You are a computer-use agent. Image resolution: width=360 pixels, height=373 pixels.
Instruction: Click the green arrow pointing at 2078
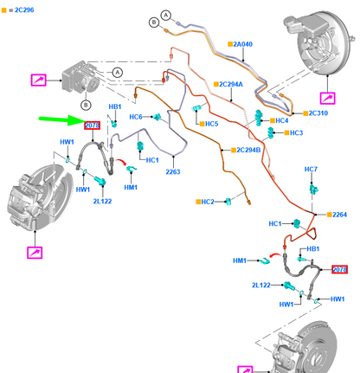point(61,119)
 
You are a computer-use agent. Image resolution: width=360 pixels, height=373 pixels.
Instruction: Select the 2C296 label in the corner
point(24,10)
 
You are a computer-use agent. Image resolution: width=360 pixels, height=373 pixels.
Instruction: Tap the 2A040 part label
point(242,44)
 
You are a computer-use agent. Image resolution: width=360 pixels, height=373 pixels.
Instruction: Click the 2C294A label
point(231,84)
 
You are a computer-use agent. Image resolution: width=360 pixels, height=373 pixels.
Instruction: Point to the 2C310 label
point(318,113)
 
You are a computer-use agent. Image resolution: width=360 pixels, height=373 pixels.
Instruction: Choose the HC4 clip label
point(282,120)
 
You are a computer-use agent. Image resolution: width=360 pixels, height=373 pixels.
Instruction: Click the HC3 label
point(296,132)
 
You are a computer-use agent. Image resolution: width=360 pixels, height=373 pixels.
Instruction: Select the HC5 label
point(211,124)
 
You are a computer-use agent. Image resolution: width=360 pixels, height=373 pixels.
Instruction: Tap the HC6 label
point(136,117)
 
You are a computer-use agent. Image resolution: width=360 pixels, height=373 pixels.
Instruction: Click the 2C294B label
point(248,150)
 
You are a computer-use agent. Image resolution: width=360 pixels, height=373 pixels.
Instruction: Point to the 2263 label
point(173,172)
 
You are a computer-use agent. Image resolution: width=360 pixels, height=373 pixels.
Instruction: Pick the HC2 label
point(208,202)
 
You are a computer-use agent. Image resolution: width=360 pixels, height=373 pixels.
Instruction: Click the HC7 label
point(311,169)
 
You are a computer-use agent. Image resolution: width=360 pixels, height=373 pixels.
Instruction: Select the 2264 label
point(339,215)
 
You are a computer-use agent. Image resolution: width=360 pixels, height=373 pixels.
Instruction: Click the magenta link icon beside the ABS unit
point(38,80)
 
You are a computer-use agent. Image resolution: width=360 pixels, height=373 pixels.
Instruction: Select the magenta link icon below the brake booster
point(328,99)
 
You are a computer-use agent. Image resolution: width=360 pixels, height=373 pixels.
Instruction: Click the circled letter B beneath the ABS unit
point(86,105)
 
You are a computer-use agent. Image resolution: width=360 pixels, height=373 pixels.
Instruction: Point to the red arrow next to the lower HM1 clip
point(275,255)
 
